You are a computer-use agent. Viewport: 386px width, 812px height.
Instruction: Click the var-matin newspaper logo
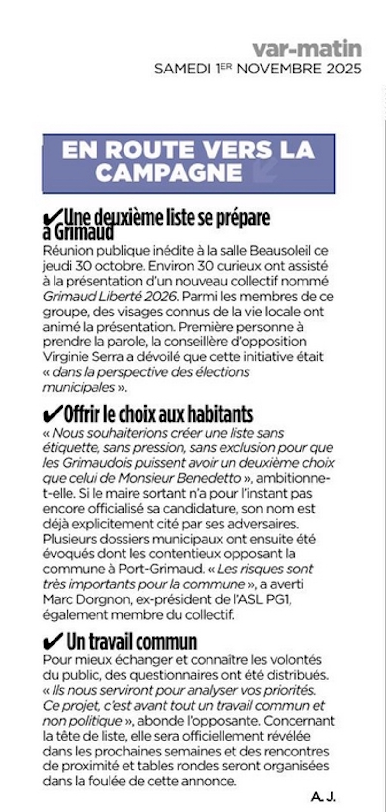(307, 48)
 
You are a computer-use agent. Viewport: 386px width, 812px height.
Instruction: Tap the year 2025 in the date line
(344, 69)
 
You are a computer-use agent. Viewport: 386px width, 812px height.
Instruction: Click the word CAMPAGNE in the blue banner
(168, 173)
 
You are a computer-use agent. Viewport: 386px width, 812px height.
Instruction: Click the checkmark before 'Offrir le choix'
(51, 414)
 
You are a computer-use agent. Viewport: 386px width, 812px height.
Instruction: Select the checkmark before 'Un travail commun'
(52, 642)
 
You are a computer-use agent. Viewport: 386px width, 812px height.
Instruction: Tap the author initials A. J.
(323, 797)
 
